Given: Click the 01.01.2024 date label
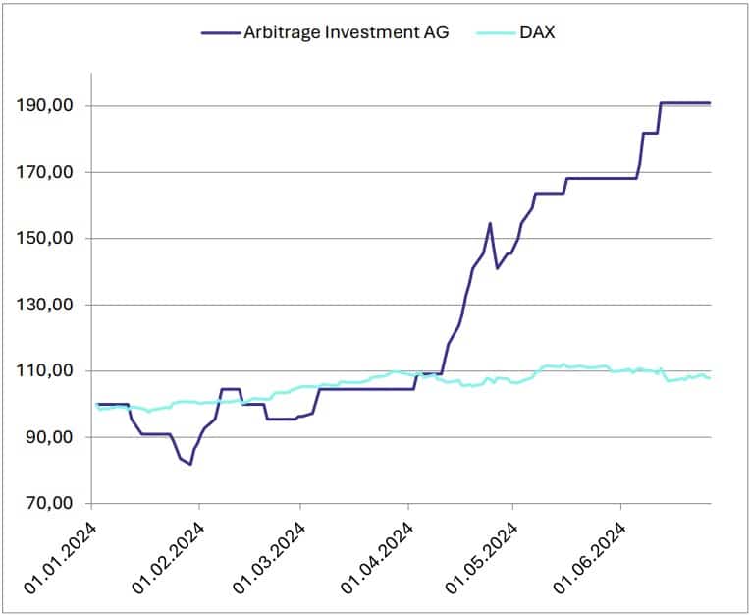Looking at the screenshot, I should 65,554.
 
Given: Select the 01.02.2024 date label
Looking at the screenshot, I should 168,554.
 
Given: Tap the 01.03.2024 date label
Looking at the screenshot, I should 270,554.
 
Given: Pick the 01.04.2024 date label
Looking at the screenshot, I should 378,554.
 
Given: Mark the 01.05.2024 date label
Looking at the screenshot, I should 482,554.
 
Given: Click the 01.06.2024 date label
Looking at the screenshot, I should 589,554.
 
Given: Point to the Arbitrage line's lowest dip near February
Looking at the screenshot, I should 189,464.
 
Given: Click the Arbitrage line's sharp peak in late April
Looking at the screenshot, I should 490,223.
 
